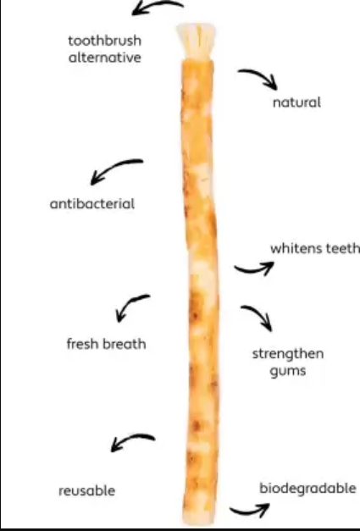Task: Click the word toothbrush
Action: (105, 41)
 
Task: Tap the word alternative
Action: (105, 58)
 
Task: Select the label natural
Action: (296, 102)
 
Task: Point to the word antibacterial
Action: (92, 204)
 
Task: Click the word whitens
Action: (293, 249)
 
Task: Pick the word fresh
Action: (83, 344)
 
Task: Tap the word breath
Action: (125, 344)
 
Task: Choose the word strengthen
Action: (288, 354)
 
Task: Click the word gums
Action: (288, 371)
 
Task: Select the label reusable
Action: (86, 490)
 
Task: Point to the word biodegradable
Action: (307, 489)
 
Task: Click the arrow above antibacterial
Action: (114, 167)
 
